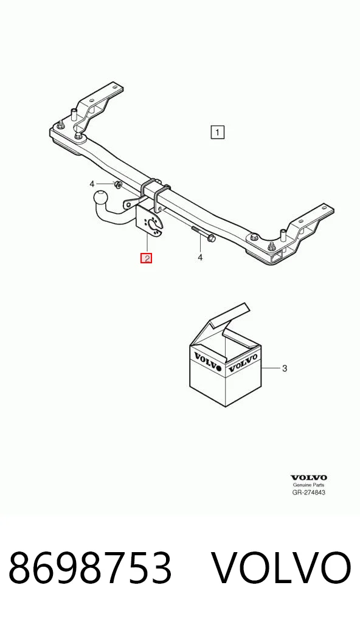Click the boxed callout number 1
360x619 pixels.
coord(218,132)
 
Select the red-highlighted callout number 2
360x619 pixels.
coord(147,258)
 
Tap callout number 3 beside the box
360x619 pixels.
coord(284,368)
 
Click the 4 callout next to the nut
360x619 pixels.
coord(92,184)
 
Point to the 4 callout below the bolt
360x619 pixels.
coord(200,257)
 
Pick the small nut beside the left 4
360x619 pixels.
coord(117,184)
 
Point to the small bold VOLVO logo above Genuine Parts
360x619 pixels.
coord(309,478)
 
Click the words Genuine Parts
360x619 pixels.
coord(308,485)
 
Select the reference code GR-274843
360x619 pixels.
coord(309,493)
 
